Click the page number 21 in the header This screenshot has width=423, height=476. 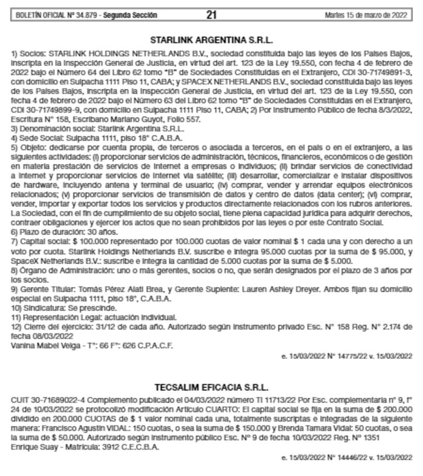212,15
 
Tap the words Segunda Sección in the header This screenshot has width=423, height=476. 130,15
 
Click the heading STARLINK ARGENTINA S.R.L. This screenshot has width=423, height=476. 212,40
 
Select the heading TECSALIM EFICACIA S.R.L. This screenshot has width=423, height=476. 212,387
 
